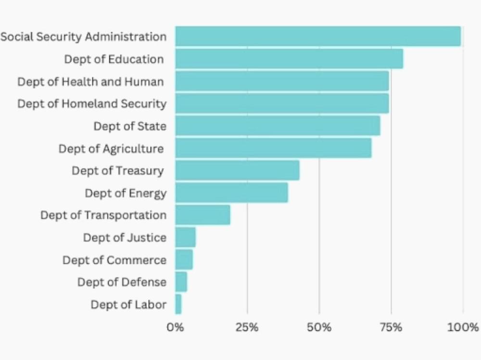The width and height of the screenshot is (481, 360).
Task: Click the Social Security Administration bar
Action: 317,37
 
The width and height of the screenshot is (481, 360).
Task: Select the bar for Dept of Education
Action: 289,59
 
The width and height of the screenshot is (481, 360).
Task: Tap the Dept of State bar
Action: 278,126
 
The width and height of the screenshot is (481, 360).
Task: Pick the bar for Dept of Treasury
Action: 237,170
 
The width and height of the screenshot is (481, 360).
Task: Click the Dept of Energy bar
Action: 231,193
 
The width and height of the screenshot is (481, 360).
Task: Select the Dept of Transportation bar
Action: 203,215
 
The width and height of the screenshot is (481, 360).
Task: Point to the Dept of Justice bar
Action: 185,237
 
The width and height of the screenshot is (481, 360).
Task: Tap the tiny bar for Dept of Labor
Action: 178,304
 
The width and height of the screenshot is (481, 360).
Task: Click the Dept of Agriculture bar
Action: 273,148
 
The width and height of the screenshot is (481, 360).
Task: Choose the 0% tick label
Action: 175,328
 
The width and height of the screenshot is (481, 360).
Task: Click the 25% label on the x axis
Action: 247,328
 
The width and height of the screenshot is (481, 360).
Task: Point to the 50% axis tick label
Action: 319,328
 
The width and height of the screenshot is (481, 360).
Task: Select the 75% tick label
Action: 391,328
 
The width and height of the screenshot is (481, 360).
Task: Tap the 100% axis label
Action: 463,328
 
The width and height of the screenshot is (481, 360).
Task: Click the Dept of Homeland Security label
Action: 92,103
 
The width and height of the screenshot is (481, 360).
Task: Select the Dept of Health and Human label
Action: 90,81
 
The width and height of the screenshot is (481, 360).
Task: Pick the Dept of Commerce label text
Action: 114,260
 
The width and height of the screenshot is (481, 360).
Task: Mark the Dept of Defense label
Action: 122,282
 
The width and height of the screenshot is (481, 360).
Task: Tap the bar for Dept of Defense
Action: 181,282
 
